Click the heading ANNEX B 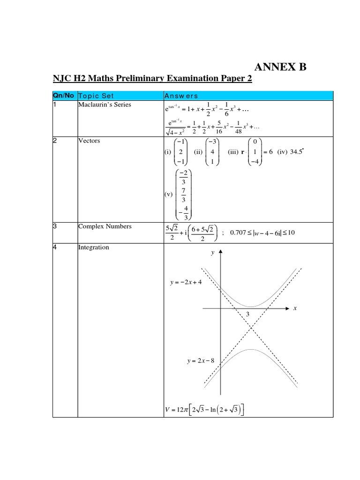pos(280,67)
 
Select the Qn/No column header pos(63,96)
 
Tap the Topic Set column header pos(96,96)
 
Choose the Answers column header pos(180,96)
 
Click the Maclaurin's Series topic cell pos(105,105)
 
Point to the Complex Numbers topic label pos(105,226)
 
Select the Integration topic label pos(93,247)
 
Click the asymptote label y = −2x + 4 pos(186,283)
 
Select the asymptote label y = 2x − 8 pos(199,360)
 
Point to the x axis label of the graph pos(295,308)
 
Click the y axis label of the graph pos(212,253)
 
